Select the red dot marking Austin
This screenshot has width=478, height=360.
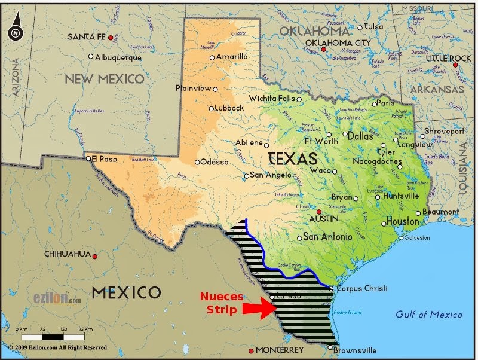pos(319,212)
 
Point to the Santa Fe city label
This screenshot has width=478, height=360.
pos(87,37)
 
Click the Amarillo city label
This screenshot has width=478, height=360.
pos(232,57)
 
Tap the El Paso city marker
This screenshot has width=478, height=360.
pos(88,158)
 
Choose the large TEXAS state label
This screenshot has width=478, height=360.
pos(293,159)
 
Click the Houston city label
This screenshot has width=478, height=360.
pos(403,222)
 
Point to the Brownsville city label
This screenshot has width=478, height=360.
pos(355,350)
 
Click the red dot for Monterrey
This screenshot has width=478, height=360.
pos(251,350)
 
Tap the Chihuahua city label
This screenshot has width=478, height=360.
pos(66,254)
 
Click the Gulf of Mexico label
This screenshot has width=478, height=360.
pos(429,315)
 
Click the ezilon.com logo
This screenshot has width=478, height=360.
pos(57,298)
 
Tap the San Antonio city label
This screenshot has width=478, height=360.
pos(328,237)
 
